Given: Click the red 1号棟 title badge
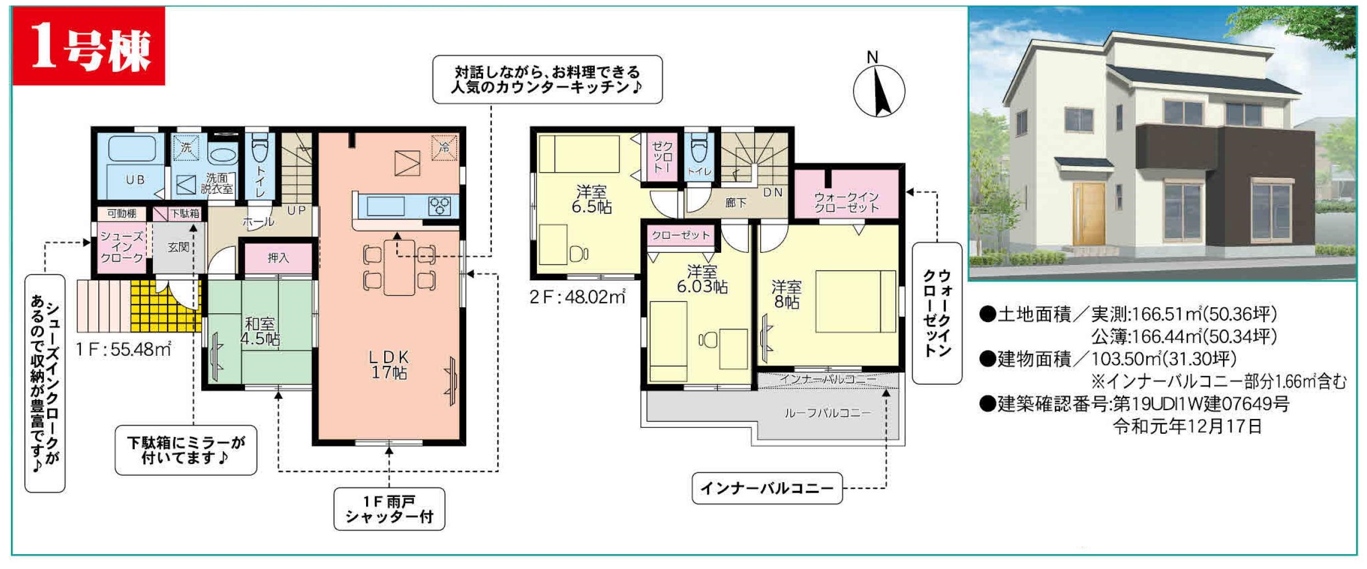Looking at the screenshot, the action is click(x=88, y=46).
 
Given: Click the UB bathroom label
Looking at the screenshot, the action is click(x=135, y=180).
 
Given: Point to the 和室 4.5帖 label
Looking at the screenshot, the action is click(x=259, y=332).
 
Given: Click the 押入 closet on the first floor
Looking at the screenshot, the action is click(x=278, y=258).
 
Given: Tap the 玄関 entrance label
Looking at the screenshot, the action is click(x=179, y=247).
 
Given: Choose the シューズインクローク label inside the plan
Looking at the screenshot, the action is click(x=121, y=247).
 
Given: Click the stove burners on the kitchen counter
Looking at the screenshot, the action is click(x=440, y=206).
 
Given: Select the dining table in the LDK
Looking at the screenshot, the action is click(x=400, y=268).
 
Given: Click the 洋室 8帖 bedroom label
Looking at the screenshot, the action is click(x=786, y=294).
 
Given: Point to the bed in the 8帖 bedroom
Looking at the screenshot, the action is click(x=855, y=301).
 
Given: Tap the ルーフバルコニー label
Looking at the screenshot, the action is click(x=827, y=413).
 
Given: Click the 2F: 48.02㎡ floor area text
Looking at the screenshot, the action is click(x=578, y=297).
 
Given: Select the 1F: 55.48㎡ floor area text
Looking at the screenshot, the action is click(x=124, y=349).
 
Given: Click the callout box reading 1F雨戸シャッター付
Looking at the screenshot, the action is click(x=389, y=509).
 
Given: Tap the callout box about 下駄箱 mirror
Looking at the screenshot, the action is click(x=186, y=450).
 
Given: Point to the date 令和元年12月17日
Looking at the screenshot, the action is click(x=1187, y=427).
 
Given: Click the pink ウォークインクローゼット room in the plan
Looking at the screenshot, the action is click(x=846, y=195).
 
